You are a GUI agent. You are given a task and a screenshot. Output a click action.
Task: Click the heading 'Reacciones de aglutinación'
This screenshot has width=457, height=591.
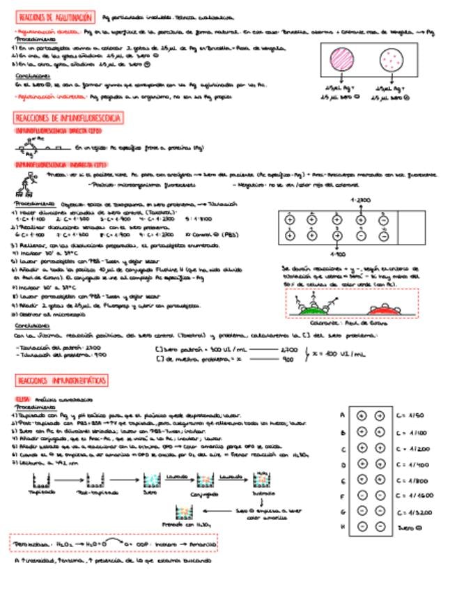pyautogui.click(x=55, y=16)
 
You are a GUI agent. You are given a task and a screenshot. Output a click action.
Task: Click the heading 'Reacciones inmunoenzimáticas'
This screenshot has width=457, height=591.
pyautogui.click(x=63, y=380)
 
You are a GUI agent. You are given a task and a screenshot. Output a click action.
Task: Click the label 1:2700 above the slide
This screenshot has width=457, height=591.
pyautogui.click(x=360, y=200)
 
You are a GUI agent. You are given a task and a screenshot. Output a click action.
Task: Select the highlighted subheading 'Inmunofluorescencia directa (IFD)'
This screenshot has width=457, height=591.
pyautogui.click(x=59, y=130)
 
